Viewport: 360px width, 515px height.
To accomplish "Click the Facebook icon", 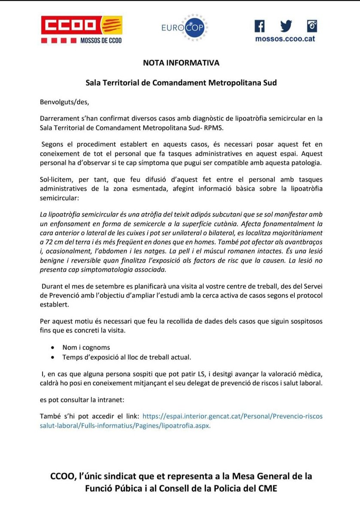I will pos(260,26).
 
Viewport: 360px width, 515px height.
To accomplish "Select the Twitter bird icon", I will pos(286,26).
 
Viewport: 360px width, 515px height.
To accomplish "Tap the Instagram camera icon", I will pos(312,26).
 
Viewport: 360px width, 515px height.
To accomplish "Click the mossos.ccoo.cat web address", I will pos(285,39).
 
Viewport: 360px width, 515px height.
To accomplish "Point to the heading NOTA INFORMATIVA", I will pos(181,63).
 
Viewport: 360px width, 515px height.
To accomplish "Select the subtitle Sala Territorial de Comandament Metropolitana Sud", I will pos(181,82).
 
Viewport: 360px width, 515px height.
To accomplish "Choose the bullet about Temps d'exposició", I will pos(127,357).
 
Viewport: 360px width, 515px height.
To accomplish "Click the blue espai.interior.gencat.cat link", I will pos(232,416).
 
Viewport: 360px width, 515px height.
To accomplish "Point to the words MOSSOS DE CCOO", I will pos(101,41).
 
